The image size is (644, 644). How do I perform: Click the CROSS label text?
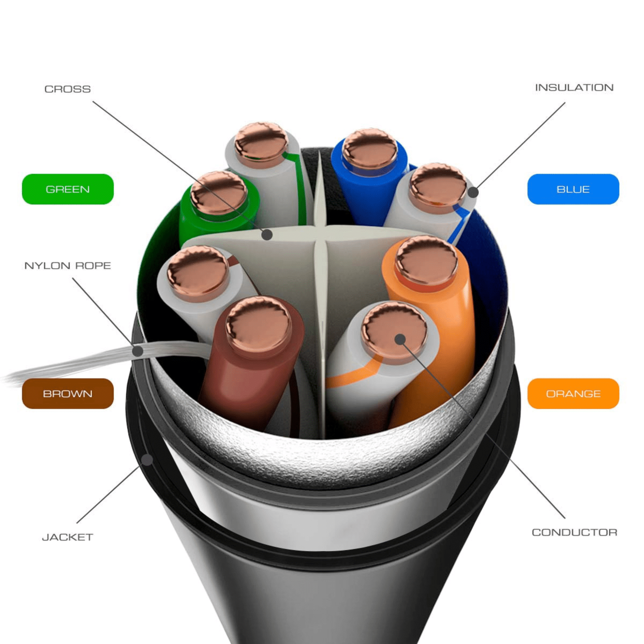68,89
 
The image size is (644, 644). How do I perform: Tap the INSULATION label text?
574,88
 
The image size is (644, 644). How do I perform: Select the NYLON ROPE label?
68,265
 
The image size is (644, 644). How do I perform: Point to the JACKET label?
68,537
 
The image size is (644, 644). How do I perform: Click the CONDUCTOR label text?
574,532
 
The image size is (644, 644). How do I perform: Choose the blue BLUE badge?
573,189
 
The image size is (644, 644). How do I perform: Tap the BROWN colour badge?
68,394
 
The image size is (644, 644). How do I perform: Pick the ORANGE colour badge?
573,394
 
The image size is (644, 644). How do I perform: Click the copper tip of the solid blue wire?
369,148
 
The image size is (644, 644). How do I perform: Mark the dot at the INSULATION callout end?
473,192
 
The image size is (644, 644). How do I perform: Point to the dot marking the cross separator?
267,235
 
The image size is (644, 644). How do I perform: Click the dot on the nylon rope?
138,351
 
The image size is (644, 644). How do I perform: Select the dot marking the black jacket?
147,460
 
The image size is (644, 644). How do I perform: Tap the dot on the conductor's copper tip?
400,339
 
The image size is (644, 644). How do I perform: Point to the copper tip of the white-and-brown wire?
197,273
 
